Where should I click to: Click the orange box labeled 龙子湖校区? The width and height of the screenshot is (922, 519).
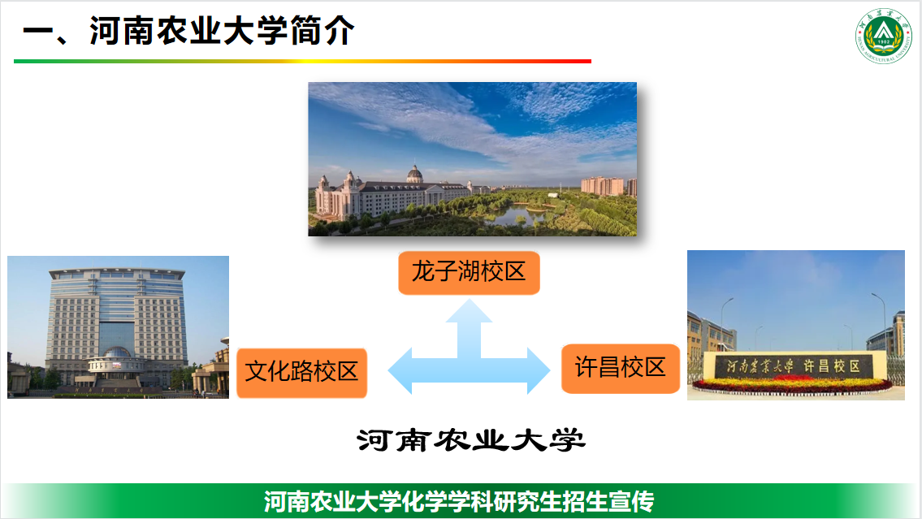[x=469, y=273]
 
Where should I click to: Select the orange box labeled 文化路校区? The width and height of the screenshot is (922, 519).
[x=301, y=373]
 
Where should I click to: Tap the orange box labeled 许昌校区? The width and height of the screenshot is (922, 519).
[x=621, y=369]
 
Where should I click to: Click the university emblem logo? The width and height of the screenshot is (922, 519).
[x=883, y=35]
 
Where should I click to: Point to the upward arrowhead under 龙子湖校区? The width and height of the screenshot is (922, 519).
[x=469, y=312]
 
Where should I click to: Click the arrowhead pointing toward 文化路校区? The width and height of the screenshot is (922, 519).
[x=400, y=370]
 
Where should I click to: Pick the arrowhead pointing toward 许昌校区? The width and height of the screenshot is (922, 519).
[x=539, y=370]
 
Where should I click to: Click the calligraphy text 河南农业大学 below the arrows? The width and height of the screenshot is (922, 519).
[x=470, y=440]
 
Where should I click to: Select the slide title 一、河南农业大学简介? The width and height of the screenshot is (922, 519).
[x=188, y=31]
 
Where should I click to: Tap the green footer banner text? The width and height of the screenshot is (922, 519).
[x=459, y=501]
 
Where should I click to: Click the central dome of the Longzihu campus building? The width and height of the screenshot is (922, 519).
[x=414, y=174]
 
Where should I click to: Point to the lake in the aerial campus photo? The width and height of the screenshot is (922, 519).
[x=517, y=215]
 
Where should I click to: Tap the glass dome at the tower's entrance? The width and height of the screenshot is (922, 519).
[x=116, y=352]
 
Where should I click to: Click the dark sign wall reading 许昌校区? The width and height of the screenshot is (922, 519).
[x=794, y=366]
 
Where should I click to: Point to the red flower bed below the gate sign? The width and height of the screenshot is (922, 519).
[x=793, y=385]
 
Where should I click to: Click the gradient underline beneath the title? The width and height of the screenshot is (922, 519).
[x=302, y=61]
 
